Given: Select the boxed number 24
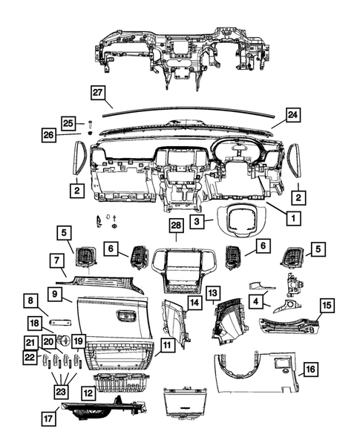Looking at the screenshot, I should pyautogui.click(x=292, y=115).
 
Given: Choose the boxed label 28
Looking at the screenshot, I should pyautogui.click(x=175, y=225).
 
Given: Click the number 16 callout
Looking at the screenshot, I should pyautogui.click(x=310, y=368).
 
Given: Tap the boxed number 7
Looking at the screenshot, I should pyautogui.click(x=56, y=260).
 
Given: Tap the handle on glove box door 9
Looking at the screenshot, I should pyautogui.click(x=123, y=315).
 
